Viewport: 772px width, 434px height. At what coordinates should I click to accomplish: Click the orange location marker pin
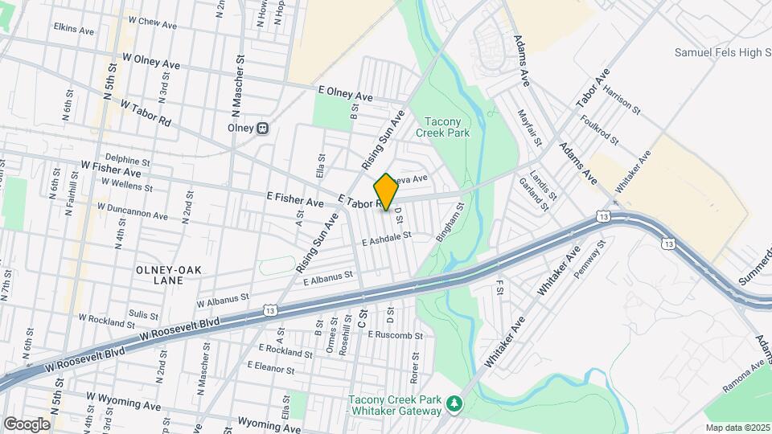click(386, 192)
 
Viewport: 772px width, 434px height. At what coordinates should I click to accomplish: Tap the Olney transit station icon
click(262, 128)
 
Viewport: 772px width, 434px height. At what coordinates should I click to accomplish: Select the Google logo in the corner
click(27, 424)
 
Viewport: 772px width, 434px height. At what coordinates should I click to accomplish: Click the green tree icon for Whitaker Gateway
click(455, 401)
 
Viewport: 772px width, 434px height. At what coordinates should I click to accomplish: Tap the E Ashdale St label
click(386, 238)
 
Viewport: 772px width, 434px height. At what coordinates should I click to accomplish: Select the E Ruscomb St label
click(395, 334)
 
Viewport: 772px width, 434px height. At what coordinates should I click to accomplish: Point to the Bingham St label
click(450, 223)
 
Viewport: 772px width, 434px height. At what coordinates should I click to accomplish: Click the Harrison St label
click(622, 100)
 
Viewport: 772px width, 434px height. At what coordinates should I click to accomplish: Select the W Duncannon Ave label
click(132, 211)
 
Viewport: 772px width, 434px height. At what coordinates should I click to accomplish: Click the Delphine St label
click(127, 160)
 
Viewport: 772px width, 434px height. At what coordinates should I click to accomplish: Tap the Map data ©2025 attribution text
click(737, 428)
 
